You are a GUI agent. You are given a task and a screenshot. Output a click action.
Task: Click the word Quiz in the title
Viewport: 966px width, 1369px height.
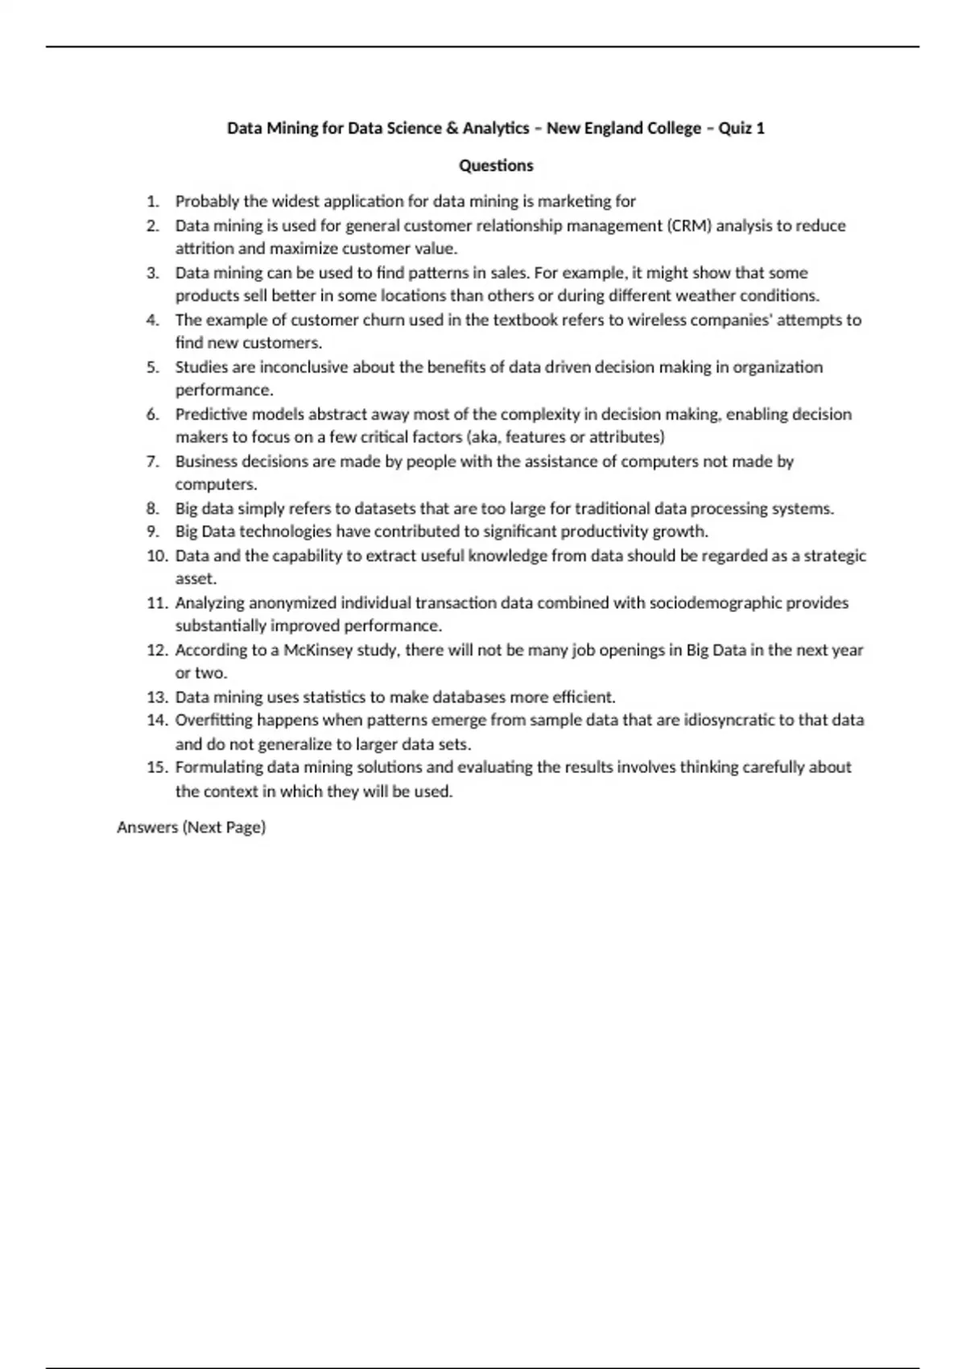click(x=735, y=128)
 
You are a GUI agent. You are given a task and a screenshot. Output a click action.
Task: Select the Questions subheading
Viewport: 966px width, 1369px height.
click(x=496, y=166)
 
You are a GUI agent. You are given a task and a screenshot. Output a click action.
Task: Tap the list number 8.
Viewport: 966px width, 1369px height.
click(x=153, y=509)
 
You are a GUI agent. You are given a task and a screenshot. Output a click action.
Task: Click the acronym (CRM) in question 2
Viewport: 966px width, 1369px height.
click(x=689, y=225)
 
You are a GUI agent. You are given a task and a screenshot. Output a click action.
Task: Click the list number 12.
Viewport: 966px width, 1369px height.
click(x=157, y=650)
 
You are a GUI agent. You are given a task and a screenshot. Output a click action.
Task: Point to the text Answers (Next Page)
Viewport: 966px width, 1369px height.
click(x=192, y=827)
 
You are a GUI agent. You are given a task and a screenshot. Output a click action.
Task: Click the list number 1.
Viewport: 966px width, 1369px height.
click(x=153, y=201)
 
